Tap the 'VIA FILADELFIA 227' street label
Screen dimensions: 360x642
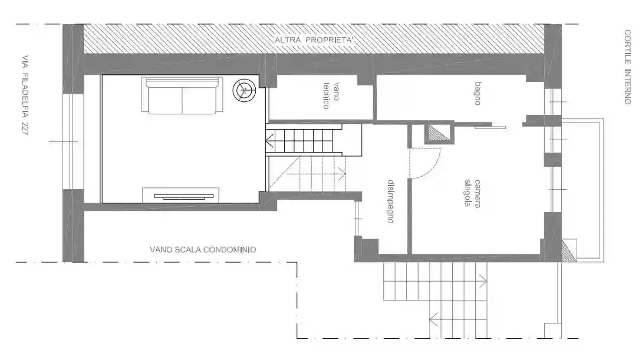25,95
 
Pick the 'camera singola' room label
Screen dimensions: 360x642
473,193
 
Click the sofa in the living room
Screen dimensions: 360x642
182,96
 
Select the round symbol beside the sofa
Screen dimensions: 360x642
245,91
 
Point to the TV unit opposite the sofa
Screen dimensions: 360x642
180,195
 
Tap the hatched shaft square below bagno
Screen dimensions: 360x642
437,134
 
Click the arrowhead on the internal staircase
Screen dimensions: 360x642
269,141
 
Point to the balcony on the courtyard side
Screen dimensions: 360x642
583,189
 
